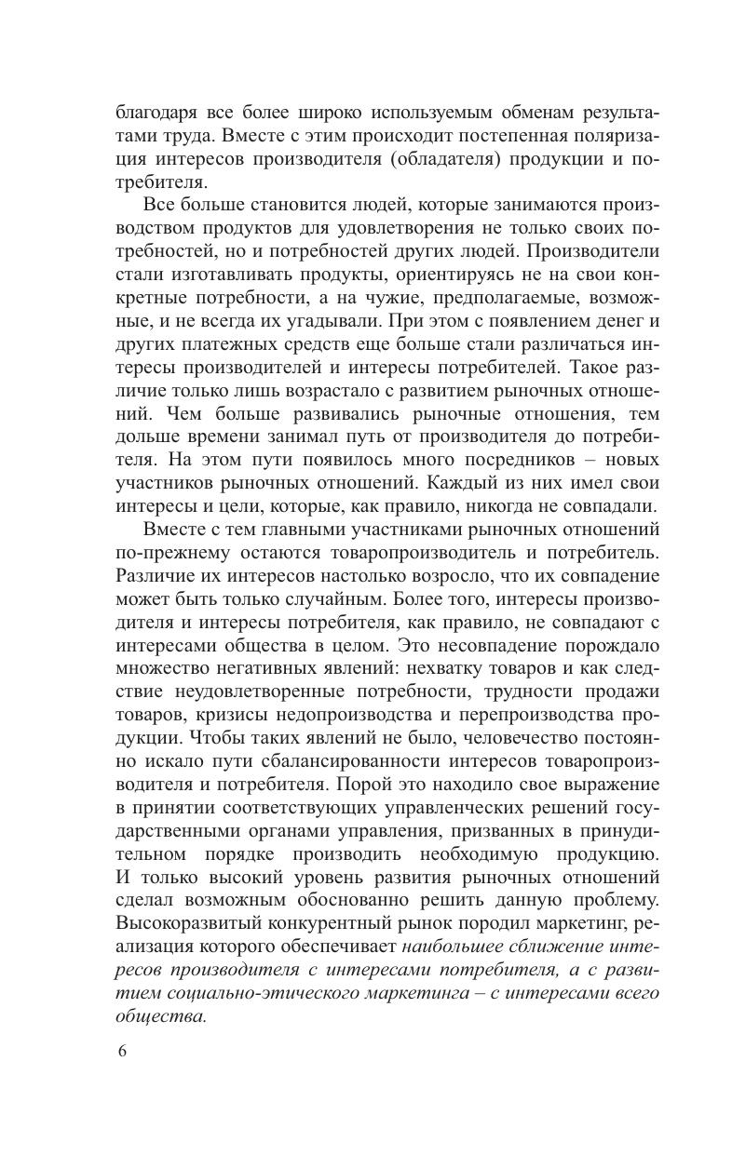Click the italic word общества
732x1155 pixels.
[159, 1015]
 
